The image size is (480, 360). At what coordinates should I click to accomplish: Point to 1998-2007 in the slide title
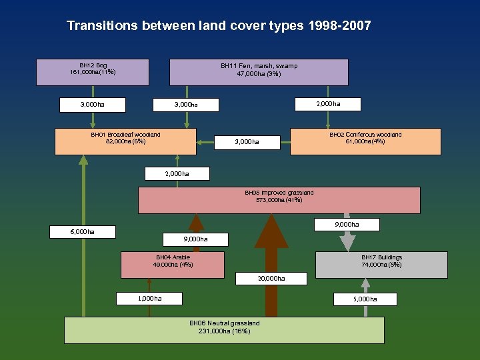coord(339,26)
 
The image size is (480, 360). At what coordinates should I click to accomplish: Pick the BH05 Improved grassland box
coord(279,200)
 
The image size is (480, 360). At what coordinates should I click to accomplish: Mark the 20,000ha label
coord(271,278)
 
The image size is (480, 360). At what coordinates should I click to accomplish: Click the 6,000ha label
coord(83,232)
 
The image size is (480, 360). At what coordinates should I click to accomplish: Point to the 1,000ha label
coord(149,298)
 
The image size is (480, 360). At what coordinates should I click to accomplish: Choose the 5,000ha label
coord(365,299)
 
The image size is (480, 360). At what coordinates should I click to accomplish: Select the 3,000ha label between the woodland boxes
coord(247,142)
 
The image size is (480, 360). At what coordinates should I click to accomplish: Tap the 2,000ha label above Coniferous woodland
coord(328,104)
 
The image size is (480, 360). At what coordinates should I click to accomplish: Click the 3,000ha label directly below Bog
coord(93,105)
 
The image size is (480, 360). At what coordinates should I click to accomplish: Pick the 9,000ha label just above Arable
coord(196,239)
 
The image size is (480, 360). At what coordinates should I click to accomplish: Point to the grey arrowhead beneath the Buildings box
coord(365,283)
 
